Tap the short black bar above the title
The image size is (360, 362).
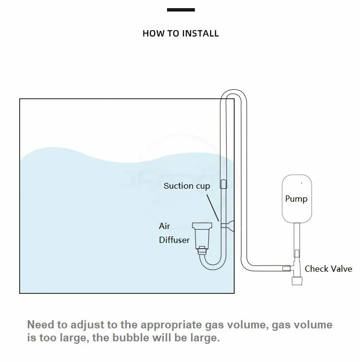point(181,10)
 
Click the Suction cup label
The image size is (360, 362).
point(187,186)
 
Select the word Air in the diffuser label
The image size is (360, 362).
point(165,226)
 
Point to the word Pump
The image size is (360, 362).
point(296,199)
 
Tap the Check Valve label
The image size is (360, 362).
point(328,269)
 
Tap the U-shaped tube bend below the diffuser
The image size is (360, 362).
point(211,262)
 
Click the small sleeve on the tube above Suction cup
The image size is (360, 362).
point(223,183)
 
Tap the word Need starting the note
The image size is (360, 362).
point(40,325)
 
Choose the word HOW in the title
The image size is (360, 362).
point(152,34)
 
